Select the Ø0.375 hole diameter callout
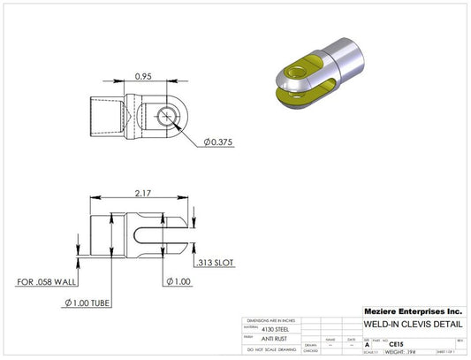pyautogui.click(x=218, y=142)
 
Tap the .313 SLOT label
pyautogui.click(x=214, y=262)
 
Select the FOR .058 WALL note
pyautogui.click(x=49, y=283)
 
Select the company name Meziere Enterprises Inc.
pyautogui.click(x=413, y=311)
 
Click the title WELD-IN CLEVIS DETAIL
pyautogui.click(x=411, y=325)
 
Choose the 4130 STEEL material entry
pyautogui.click(x=276, y=328)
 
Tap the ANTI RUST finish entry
pyautogui.click(x=274, y=338)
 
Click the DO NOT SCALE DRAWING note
pyautogui.click(x=271, y=351)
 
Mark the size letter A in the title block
pyautogui.click(x=367, y=344)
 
